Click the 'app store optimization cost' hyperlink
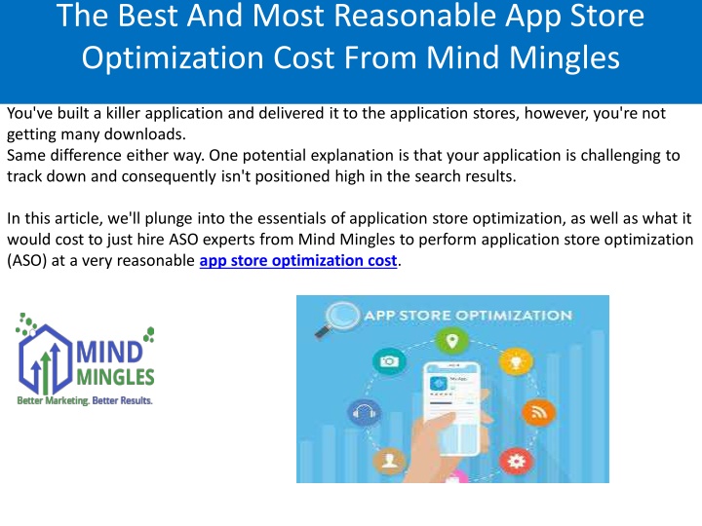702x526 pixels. coord(298,260)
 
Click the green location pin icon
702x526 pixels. coord(452,342)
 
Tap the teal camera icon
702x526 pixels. coord(389,361)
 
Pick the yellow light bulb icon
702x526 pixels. coord(516,361)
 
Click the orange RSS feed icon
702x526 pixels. coord(538,411)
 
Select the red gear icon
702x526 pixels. coord(516,461)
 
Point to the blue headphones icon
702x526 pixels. coord(364,411)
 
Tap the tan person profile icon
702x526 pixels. coord(389,461)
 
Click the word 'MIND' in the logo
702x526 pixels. coord(109,352)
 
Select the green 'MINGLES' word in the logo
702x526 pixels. coord(115,377)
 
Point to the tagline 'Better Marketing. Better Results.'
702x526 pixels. coord(85,400)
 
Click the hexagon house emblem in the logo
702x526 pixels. coord(45,357)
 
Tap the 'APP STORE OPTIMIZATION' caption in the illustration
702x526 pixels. coord(468,316)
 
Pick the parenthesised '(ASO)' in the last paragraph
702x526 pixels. coord(27,261)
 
